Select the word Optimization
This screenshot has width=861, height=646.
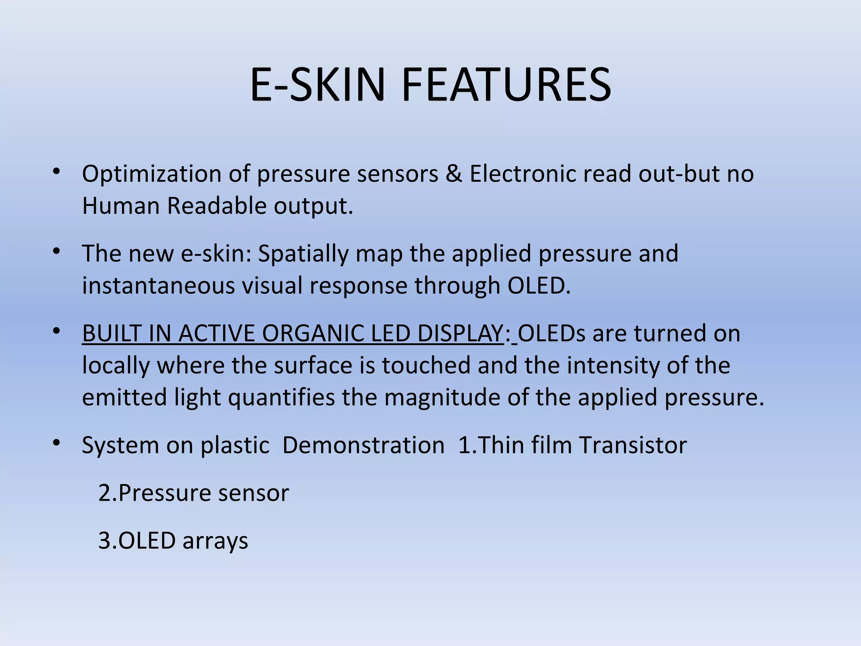151,174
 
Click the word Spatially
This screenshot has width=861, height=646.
303,254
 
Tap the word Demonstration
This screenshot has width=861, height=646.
363,445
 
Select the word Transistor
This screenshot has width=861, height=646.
633,445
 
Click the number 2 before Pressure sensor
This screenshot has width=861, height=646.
104,493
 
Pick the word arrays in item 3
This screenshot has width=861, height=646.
215,541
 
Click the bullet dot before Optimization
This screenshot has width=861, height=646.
56,172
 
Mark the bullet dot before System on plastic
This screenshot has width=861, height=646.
56,443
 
